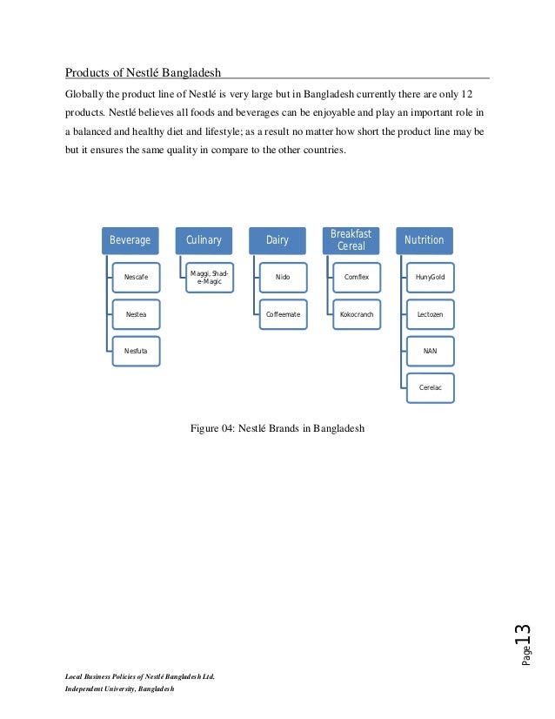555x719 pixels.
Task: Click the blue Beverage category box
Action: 129,240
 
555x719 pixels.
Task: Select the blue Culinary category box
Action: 204,240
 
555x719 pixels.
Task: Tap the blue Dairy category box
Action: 277,240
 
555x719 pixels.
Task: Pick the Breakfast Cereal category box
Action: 351,239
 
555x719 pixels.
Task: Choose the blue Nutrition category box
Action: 425,240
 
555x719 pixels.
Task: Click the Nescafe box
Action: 136,277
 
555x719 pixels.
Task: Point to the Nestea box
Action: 136,314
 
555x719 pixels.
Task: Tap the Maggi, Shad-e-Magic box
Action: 210,277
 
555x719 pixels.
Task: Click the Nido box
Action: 283,277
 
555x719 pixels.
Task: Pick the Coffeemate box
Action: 283,314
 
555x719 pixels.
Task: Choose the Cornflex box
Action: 357,277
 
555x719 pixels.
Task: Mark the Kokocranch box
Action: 357,314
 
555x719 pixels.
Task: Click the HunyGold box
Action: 430,277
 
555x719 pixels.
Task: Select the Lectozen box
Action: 430,314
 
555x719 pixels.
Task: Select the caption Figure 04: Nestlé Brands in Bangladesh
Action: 277,428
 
